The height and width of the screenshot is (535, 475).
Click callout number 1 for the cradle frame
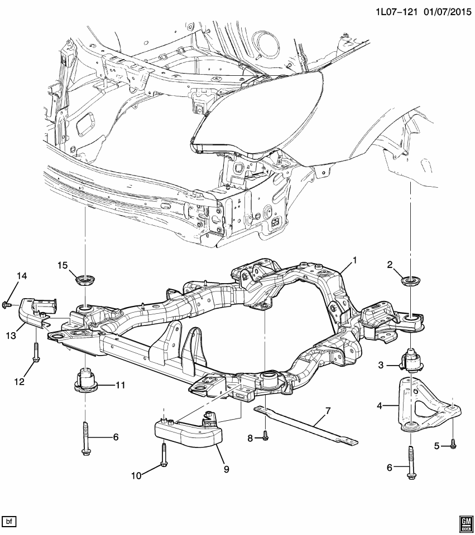pyautogui.click(x=353, y=260)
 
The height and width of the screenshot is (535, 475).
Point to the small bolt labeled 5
pyautogui.click(x=454, y=444)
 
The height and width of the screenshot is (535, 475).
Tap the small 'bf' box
pyautogui.click(x=9, y=522)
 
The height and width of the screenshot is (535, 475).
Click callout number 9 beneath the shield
pyautogui.click(x=226, y=470)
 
